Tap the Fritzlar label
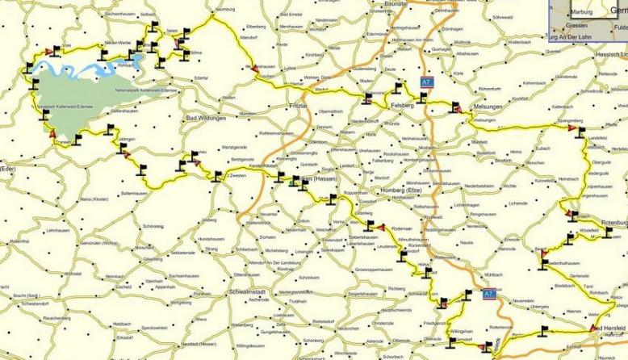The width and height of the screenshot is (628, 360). pyautogui.click(x=277, y=104)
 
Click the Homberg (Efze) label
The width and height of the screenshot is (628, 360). pyautogui.click(x=401, y=190)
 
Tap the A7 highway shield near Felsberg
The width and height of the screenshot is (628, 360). pyautogui.click(x=425, y=82)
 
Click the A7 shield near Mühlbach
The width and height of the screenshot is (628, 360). pyautogui.click(x=488, y=295)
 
